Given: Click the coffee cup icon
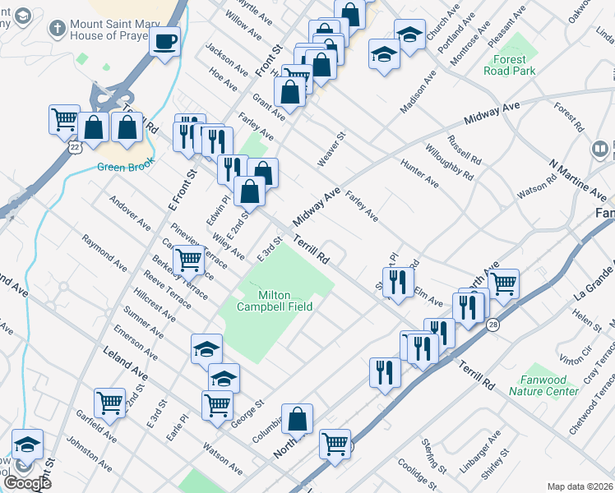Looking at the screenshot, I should coord(165,40).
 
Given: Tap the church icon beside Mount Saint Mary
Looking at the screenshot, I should coord(57,28).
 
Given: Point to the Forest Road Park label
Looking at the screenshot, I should coord(512,65).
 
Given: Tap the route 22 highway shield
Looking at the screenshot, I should coord(75,147).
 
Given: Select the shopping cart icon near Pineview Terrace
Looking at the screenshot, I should coord(189,260).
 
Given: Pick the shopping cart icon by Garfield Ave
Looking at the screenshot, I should coord(109,402).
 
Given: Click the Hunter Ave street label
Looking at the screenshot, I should coord(419,173).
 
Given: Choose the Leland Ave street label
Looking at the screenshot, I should coord(125,363).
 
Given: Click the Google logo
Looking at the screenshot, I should coord(27,483).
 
